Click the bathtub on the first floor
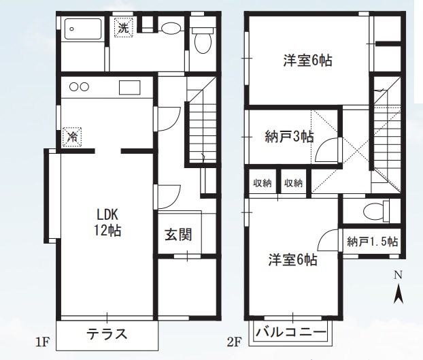[x=82, y=31]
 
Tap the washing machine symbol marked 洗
[x=123, y=28]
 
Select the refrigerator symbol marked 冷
[x=71, y=136]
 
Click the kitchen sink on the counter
[x=129, y=87]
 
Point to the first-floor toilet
[x=202, y=41]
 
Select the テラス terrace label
[x=107, y=334]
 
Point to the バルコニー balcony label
[x=291, y=333]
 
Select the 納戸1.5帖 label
[x=372, y=242]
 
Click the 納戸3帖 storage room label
[x=288, y=136]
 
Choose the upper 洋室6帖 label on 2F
[x=307, y=60]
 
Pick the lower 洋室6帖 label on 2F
[x=292, y=259]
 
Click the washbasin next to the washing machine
[x=171, y=29]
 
